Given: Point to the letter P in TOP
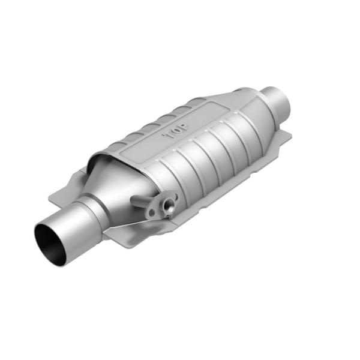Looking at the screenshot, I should coord(183,128).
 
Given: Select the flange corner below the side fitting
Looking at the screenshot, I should coord(129,240).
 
